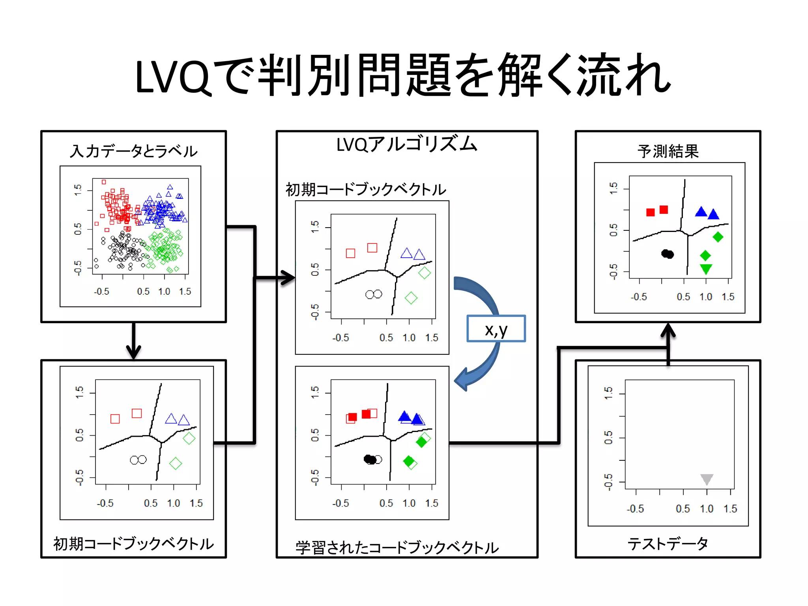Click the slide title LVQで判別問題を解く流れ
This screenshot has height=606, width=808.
click(x=402, y=75)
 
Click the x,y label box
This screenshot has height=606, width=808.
click(x=496, y=329)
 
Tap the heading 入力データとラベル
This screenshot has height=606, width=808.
click(x=133, y=151)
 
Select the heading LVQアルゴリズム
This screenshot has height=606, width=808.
click(x=407, y=144)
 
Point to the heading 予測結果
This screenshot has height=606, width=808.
click(x=668, y=151)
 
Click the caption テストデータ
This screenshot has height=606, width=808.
click(x=668, y=544)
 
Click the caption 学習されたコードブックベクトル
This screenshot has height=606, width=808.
click(x=397, y=548)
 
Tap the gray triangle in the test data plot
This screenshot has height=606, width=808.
click(x=707, y=479)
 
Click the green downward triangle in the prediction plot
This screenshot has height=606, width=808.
click(x=706, y=269)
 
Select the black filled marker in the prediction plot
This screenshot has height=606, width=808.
click(x=668, y=254)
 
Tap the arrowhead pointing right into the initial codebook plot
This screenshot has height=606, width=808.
click(x=288, y=277)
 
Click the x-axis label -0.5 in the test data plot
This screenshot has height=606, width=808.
click(x=635, y=509)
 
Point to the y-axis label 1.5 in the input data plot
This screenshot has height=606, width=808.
click(x=78, y=190)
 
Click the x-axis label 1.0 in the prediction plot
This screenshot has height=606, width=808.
click(x=706, y=297)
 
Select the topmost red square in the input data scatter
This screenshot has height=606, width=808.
click(x=104, y=182)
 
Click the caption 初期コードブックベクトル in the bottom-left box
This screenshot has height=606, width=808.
click(x=133, y=544)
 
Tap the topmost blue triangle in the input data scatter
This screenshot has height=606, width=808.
click(x=170, y=187)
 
